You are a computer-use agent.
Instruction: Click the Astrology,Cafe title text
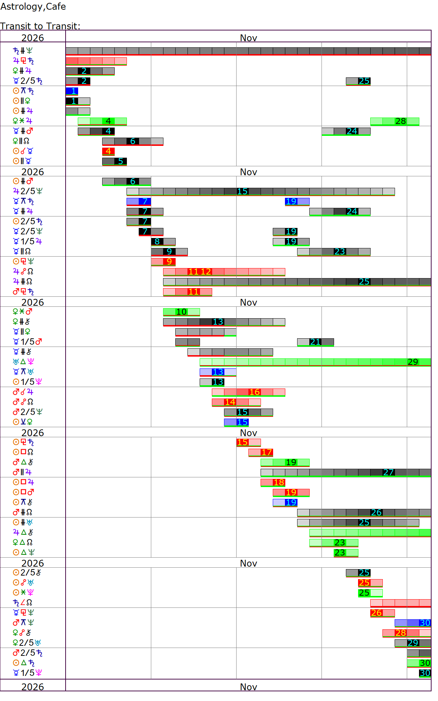(x=33, y=6)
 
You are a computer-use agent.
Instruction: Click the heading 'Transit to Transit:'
(x=40, y=26)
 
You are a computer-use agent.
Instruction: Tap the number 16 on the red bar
(x=254, y=392)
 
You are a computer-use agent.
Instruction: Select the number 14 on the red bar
(x=230, y=402)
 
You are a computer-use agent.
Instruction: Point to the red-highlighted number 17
(x=267, y=452)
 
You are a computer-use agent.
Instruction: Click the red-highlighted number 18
(x=279, y=482)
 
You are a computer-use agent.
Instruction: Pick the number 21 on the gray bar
(x=315, y=342)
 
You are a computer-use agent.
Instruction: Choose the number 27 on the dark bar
(x=389, y=472)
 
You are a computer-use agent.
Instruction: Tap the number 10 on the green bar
(x=181, y=312)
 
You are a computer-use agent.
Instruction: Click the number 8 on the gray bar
(x=157, y=242)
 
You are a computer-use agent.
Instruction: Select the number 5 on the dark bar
(x=120, y=161)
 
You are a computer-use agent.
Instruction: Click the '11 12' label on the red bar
(x=200, y=272)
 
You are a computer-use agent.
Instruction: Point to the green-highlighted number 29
(x=413, y=362)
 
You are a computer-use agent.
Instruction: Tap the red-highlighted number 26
(x=376, y=613)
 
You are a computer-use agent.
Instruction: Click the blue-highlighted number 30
(x=425, y=623)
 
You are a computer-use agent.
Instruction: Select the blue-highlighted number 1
(x=73, y=91)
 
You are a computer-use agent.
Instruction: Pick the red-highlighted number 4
(x=108, y=151)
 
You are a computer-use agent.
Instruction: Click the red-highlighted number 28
(x=401, y=633)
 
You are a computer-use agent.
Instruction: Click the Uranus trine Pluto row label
(x=23, y=362)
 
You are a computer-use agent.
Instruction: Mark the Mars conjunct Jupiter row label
(x=23, y=392)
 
